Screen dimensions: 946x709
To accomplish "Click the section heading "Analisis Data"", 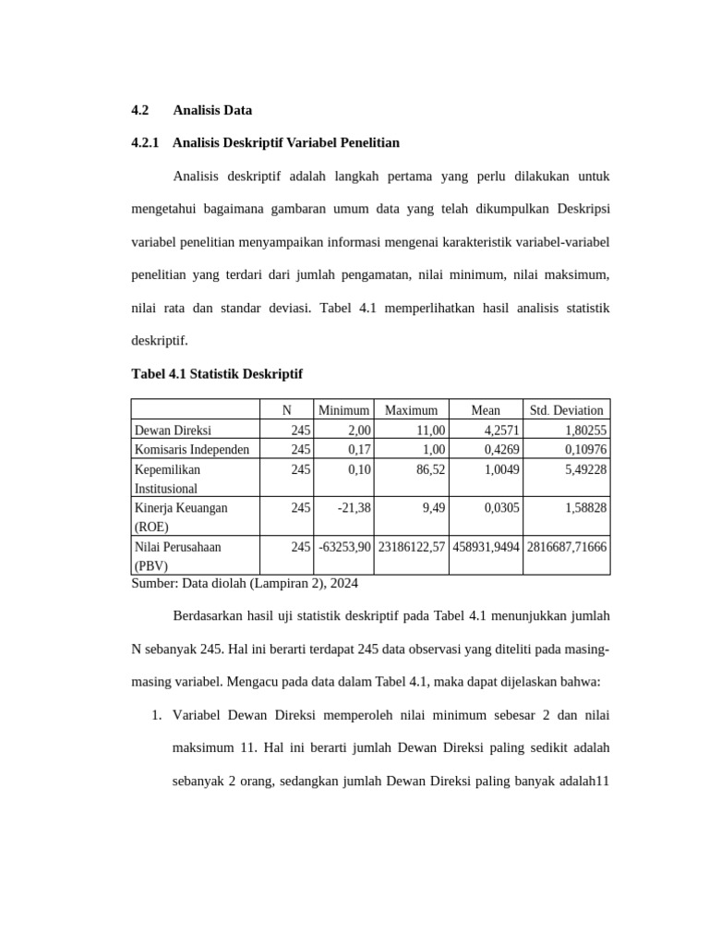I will point(212,110).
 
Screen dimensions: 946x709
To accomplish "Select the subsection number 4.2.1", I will point(146,143).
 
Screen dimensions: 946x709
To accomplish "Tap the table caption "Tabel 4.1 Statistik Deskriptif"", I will point(217,374).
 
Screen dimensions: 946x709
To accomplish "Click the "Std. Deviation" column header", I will point(566,410).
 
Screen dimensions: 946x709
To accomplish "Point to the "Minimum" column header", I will point(343,410).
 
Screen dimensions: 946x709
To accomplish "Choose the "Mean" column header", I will point(486,410).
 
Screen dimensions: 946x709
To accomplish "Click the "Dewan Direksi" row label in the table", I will point(173,430).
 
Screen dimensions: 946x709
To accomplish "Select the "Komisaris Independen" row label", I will point(192,449).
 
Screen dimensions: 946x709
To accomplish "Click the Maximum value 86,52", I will point(431,468).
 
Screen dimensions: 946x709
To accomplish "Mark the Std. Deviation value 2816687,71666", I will point(567,546).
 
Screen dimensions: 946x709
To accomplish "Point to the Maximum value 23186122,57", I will point(412,546).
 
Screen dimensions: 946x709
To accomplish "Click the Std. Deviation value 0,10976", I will point(585,449).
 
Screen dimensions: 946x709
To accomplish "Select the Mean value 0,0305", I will point(499,507).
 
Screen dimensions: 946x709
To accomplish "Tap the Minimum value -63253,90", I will point(344,546).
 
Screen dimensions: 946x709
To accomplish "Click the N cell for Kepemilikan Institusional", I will point(301,468).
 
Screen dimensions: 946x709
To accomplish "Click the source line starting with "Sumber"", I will point(245,584).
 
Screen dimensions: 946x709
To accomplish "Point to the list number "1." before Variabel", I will point(157,715).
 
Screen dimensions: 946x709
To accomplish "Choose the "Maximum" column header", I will point(411,410).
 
